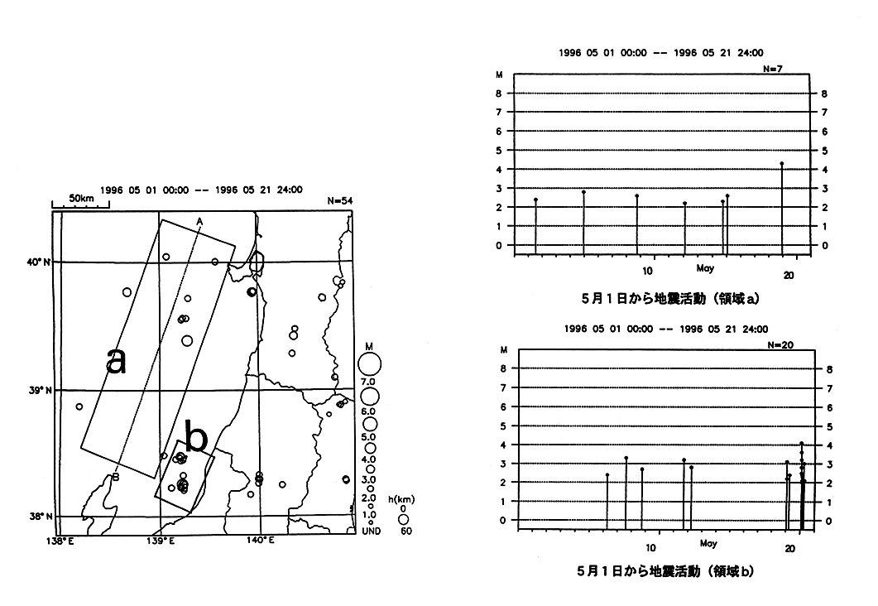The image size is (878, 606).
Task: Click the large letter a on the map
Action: coord(117,361)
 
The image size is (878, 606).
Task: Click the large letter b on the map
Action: coord(196,438)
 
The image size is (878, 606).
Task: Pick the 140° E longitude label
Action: coord(260,541)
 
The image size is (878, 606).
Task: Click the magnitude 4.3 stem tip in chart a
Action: coord(781,163)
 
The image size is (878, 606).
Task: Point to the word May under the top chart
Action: coord(705,269)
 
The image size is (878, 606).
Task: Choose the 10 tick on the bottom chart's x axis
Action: coord(652,549)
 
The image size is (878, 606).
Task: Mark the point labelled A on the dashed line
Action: coord(199,220)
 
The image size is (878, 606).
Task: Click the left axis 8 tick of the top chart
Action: coord(499,94)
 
